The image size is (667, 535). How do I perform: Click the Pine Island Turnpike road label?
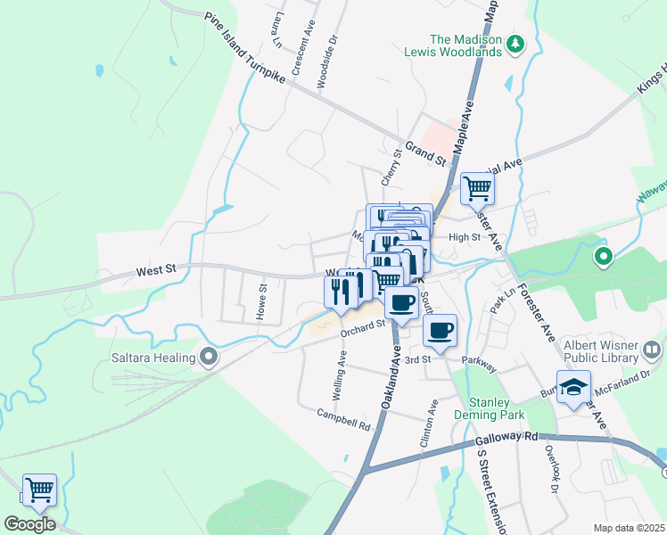(245, 49)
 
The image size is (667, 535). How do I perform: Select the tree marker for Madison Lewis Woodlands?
(515, 44)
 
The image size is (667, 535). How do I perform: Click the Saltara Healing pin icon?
(210, 358)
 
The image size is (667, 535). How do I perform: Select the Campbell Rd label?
(343, 420)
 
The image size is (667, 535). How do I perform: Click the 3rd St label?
(417, 358)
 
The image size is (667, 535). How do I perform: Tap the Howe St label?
(262, 301)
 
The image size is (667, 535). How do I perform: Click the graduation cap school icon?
(574, 387)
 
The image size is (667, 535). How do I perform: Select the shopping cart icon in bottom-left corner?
(39, 490)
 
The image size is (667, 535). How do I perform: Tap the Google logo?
(29, 524)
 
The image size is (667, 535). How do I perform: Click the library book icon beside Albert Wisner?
(652, 349)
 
